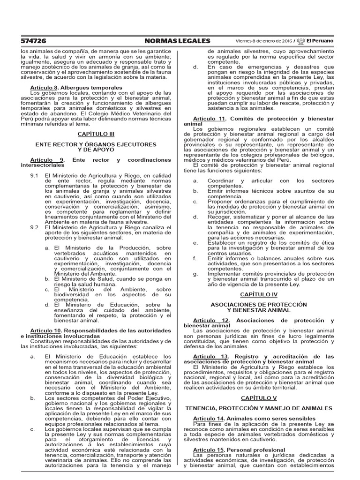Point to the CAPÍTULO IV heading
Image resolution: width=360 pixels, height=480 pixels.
(259, 294)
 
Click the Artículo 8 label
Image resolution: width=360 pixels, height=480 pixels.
(44, 88)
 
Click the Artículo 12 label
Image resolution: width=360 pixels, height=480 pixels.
(212, 320)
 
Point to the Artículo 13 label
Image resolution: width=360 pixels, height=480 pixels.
(212, 357)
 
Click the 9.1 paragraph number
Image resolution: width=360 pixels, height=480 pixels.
(34, 175)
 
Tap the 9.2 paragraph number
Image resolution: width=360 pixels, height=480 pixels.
(34, 227)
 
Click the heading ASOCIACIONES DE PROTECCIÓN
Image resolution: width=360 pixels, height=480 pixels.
(259, 304)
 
